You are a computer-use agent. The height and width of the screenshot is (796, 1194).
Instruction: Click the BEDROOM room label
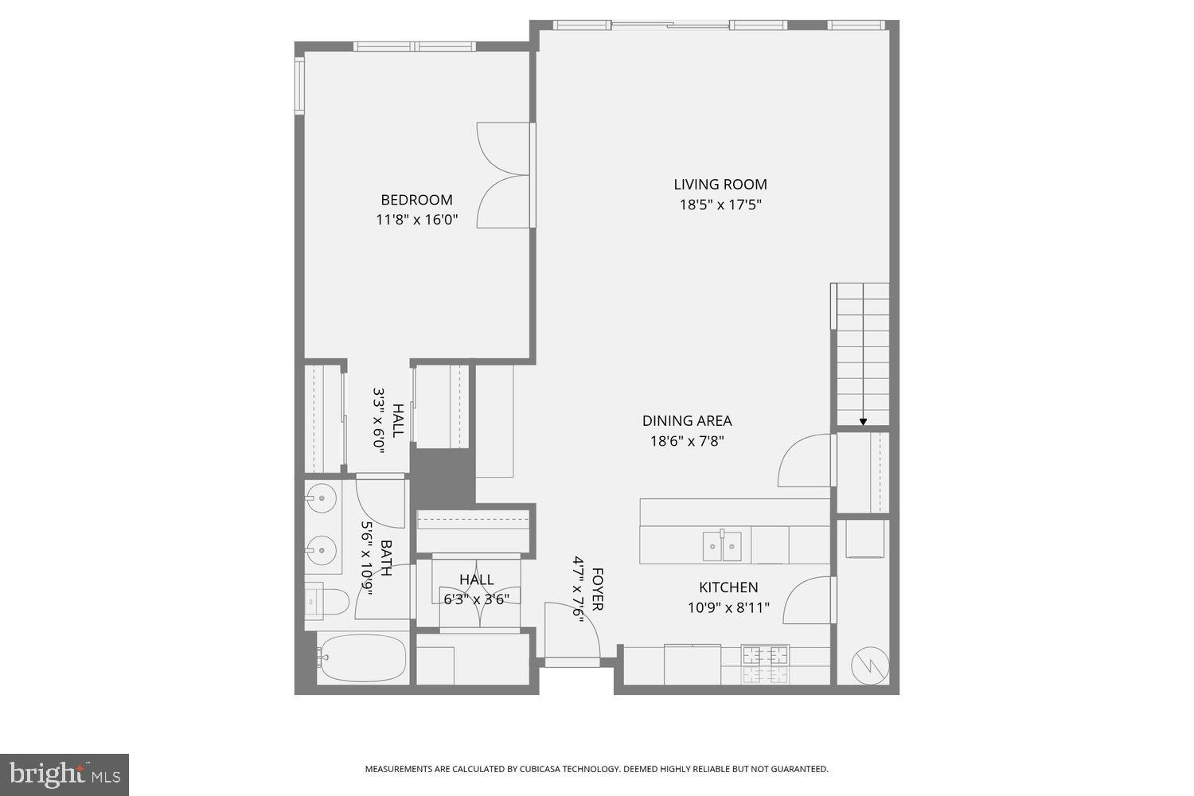tap(416, 200)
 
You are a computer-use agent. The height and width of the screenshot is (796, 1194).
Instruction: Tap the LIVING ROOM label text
tap(720, 185)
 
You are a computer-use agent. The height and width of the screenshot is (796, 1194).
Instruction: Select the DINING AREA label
tap(687, 421)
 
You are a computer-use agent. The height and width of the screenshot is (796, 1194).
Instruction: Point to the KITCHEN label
tap(728, 587)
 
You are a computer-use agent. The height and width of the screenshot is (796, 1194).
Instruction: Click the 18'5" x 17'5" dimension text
tap(720, 205)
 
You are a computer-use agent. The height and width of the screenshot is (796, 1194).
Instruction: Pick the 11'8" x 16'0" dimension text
tap(416, 220)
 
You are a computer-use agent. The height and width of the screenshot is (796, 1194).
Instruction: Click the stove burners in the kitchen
tap(765, 663)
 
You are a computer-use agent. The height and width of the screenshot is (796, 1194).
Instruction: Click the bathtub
tap(362, 657)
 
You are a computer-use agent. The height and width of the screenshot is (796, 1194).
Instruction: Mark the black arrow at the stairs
tap(863, 421)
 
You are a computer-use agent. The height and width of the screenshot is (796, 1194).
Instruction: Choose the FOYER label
tap(598, 589)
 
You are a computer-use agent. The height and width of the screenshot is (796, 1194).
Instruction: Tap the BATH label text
tap(386, 558)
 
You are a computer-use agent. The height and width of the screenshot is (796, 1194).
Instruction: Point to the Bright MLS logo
tap(64, 775)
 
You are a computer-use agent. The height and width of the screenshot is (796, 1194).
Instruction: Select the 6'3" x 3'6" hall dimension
tap(476, 599)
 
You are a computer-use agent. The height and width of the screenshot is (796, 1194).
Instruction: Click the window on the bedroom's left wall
tap(299, 85)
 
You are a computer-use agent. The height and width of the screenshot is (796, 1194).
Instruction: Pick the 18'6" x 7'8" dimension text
tap(687, 441)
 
